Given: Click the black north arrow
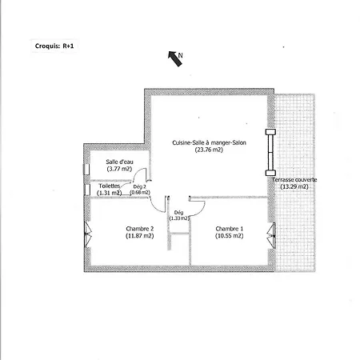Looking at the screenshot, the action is pos(175,58).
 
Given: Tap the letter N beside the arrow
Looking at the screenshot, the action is pos(181,55).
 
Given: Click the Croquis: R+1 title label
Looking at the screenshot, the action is pos(54,46).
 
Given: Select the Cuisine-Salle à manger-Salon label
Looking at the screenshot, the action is pos(209,142).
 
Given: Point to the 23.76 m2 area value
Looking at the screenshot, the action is pos(209,150).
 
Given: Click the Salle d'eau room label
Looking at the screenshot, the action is pos(119,162).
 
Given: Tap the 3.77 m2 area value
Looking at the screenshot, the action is pos(119,169).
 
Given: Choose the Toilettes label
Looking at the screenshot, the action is pos(110,186).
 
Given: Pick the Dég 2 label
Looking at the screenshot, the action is pos(140,186).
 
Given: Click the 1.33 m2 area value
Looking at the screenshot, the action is pos(179,218).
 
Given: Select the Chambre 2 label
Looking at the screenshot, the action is pos(140,229).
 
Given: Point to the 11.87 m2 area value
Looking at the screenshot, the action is pos(140,236).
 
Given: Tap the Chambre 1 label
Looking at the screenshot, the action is pos(230,229).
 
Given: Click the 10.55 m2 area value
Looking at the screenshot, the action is pos(230,236).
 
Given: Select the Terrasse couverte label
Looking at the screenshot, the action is pos(294,180).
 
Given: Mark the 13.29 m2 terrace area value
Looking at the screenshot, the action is pos(294,186).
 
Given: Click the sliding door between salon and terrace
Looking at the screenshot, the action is pos(270,152).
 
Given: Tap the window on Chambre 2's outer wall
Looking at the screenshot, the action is pos(88,234).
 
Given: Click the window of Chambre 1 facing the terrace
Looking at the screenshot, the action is pos(271,236).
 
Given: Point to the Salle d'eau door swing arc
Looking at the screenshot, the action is pos(138,173).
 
